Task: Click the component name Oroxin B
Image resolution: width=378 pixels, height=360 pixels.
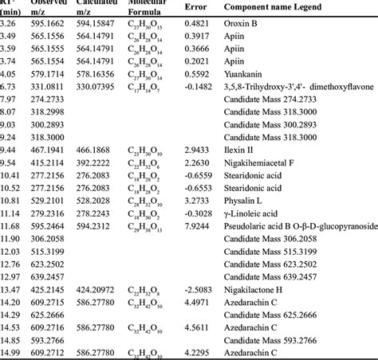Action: [x=244, y=25]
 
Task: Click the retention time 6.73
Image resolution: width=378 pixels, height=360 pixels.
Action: [x=10, y=86]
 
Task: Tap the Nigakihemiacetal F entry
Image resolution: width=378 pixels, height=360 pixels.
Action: [x=262, y=162]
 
